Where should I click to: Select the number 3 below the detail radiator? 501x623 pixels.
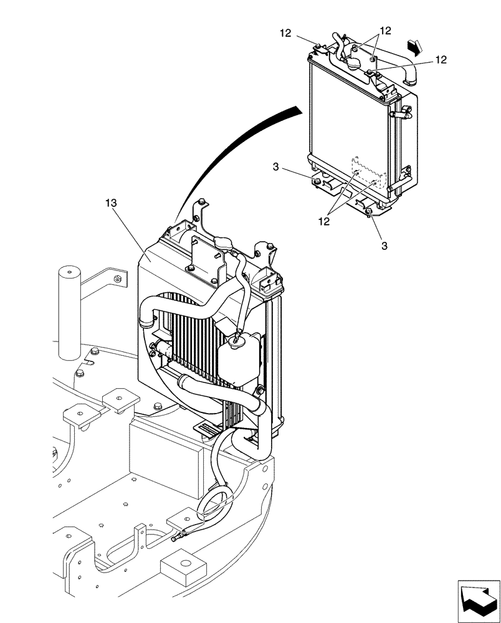[x=384, y=246]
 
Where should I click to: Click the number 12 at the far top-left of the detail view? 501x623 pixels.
[x=285, y=34]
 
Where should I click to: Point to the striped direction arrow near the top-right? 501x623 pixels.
[x=414, y=45]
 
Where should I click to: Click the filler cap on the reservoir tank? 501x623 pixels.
[x=236, y=339]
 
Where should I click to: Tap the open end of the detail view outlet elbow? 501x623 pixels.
[x=411, y=78]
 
